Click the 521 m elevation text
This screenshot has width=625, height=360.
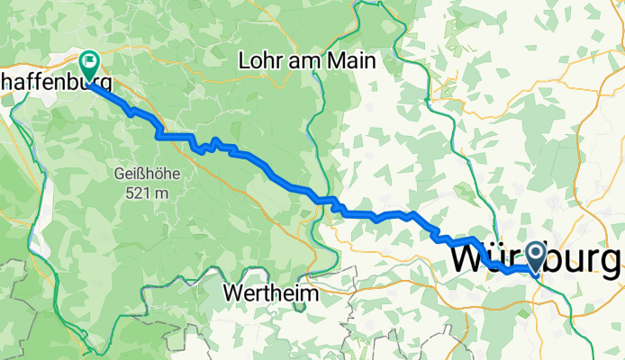coord(149,192)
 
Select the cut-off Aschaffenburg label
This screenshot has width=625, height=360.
coord(54,84)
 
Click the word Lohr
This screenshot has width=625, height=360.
coord(259,61)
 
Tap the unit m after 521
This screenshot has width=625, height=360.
coord(163,192)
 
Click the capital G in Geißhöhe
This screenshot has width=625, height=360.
coord(120,173)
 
